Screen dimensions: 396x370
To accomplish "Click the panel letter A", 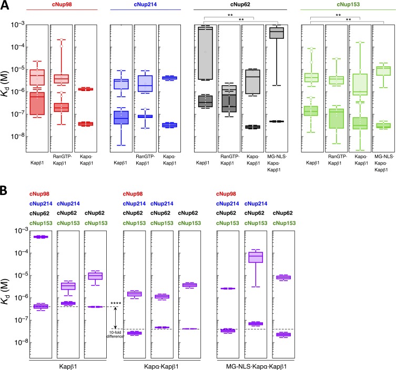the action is point(5,5).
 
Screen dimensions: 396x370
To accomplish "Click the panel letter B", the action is point(4,191).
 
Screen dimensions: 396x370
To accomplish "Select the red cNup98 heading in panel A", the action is point(62,4).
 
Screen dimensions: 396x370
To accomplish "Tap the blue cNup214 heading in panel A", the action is point(145,4).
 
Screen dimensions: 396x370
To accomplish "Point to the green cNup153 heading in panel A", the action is point(348,4).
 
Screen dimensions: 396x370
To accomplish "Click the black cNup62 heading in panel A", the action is point(240,4).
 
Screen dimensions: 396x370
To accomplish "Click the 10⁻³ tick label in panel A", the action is point(18,25).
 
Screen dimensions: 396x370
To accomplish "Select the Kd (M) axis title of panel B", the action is point(5,292).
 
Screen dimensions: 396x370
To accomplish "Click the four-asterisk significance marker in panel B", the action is point(116,303).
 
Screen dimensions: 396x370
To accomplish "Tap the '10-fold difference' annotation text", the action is point(115,334).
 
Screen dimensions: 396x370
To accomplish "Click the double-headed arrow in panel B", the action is point(115,318).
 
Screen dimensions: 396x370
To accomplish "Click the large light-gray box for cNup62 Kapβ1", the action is point(205,53).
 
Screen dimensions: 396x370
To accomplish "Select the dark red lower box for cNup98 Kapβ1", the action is point(37,104).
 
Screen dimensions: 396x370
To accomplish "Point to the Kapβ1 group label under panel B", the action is point(68,366).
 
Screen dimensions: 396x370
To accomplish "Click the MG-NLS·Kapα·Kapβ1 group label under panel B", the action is point(256,366).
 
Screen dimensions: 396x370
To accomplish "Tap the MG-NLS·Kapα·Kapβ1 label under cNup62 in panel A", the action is point(277,163).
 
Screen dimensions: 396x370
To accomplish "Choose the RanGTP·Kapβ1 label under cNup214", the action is point(145,160).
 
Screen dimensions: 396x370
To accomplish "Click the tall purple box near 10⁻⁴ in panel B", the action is point(256,257).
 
